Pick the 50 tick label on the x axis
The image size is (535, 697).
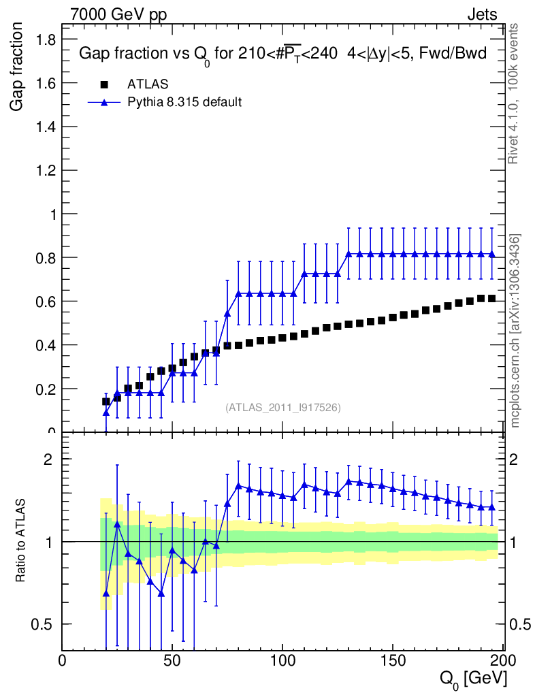[x=172, y=661]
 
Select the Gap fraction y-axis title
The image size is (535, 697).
[x=18, y=67]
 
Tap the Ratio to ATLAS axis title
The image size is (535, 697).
[x=20, y=541]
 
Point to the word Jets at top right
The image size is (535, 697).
[x=481, y=14]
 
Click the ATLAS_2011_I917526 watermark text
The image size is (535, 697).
[x=283, y=407]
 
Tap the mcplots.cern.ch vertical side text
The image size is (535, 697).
[x=515, y=331]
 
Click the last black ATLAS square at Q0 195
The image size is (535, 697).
[x=492, y=299]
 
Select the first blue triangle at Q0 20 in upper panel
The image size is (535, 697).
[x=106, y=412]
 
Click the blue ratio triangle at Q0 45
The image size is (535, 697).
[x=161, y=593]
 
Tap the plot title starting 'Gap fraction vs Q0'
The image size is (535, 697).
[x=282, y=54]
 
